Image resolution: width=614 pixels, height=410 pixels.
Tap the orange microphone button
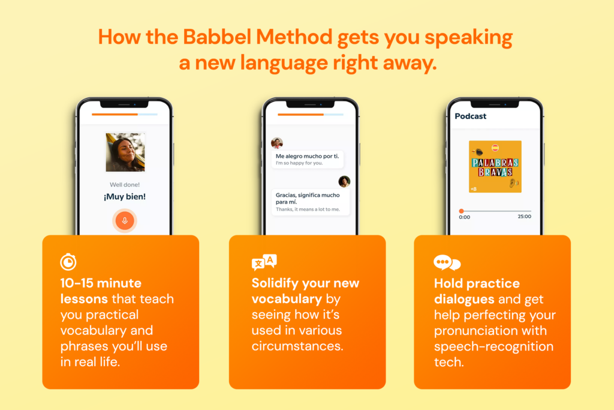[125, 220]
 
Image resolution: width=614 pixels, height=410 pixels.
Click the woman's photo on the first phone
[125, 152]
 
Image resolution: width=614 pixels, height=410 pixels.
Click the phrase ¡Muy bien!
[125, 196]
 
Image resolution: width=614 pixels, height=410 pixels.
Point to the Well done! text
[125, 184]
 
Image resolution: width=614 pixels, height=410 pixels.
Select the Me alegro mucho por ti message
[306, 159]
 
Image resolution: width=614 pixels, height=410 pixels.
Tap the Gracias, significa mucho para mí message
[308, 202]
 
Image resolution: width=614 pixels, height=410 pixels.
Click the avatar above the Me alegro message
[276, 143]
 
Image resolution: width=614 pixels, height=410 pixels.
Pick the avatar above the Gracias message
[344, 181]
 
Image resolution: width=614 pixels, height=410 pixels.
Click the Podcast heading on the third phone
[471, 116]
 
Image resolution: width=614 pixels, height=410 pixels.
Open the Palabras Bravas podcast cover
[495, 166]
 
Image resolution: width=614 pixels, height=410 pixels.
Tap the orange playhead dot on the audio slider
[461, 211]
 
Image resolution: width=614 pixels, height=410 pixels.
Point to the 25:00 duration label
[524, 217]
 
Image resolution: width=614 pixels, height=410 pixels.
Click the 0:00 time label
[465, 217]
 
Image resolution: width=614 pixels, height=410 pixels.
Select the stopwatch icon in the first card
[68, 262]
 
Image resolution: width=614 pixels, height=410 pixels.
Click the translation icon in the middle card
[264, 262]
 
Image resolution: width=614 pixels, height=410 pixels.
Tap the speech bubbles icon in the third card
[447, 263]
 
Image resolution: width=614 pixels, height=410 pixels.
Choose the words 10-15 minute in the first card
[101, 283]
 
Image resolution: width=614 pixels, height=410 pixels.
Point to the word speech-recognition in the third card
[493, 346]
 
